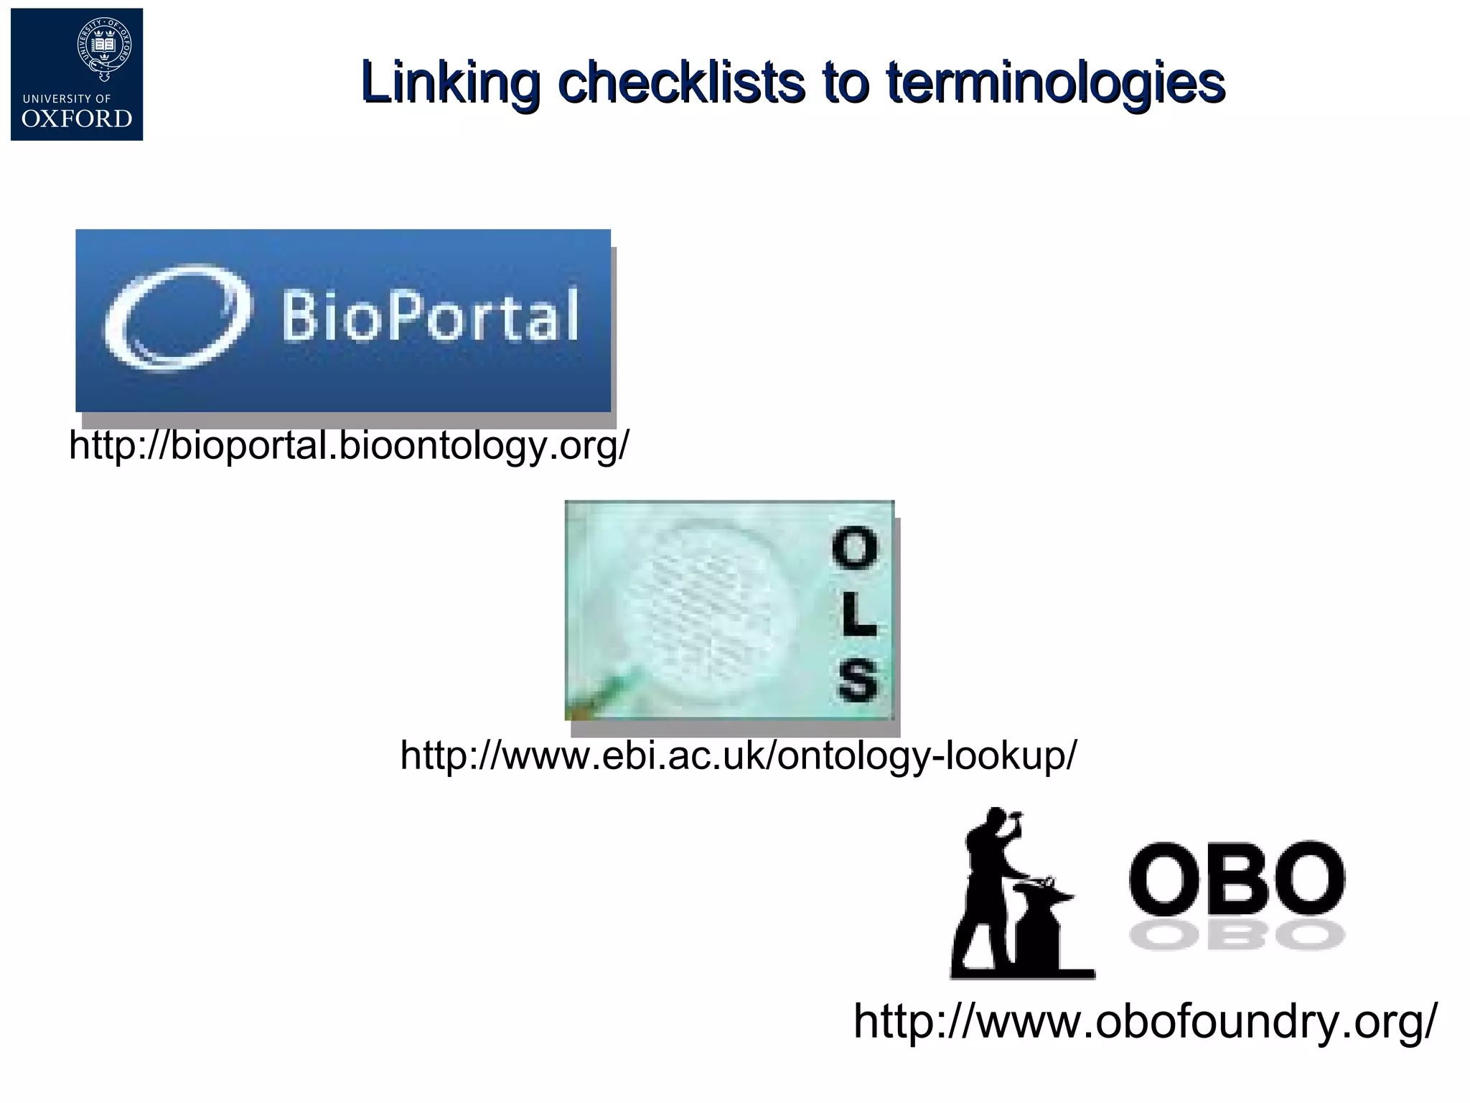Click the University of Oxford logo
tap(77, 75)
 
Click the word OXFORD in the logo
tap(77, 118)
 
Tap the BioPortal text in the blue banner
tap(429, 316)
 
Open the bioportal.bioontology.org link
tap(349, 445)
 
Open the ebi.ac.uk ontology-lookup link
tap(739, 755)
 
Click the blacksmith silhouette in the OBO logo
tap(991, 876)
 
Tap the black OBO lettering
tap(1236, 879)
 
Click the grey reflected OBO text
tap(1236, 936)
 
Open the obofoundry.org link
tap(1146, 1021)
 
